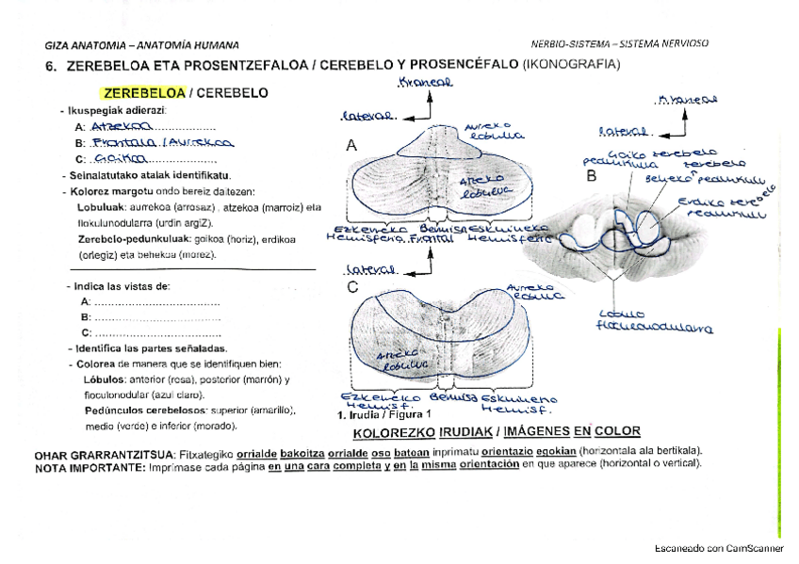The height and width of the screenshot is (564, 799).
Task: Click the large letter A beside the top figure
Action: click(x=351, y=146)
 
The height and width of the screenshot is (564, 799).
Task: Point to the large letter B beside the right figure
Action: click(x=592, y=175)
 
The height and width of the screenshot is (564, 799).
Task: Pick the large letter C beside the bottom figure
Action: click(x=352, y=288)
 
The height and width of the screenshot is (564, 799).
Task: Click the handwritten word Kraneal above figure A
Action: click(x=426, y=84)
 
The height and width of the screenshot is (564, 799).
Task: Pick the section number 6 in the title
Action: click(x=51, y=66)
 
